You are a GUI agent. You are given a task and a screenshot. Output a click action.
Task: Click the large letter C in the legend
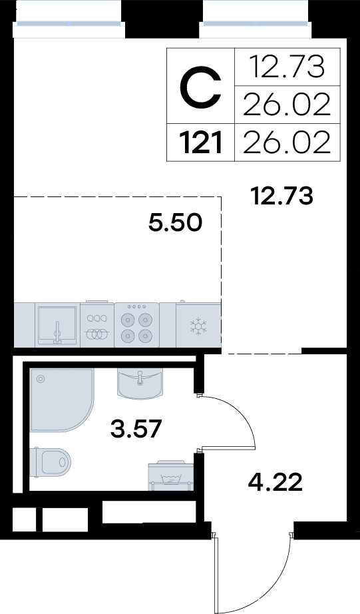point(201,87)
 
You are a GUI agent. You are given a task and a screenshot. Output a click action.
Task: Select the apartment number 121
point(201,143)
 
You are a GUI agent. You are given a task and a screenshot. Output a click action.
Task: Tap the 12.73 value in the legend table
point(287,67)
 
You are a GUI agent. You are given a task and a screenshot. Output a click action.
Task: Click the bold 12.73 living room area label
point(283,196)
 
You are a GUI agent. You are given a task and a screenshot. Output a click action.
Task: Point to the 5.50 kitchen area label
point(175,222)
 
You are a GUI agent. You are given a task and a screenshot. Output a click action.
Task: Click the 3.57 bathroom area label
point(136,428)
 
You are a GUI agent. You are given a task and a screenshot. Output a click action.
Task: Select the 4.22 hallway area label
point(275,482)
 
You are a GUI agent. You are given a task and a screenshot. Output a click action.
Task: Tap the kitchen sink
point(57,325)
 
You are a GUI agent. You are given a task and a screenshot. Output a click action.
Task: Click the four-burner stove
point(136,324)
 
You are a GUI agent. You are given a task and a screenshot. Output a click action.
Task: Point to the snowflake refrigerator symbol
point(198,326)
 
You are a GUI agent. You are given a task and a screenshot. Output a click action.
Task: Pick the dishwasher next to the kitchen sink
point(97,324)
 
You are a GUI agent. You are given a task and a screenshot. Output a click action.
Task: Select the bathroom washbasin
point(140,384)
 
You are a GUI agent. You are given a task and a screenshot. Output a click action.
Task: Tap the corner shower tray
point(62,400)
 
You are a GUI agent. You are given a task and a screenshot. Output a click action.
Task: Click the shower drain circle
point(41,379)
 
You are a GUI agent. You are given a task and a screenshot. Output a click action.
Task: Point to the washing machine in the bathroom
point(170,475)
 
